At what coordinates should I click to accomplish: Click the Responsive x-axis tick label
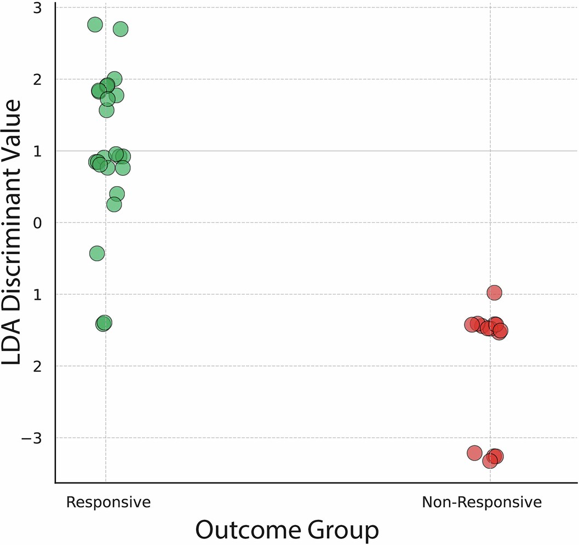[x=108, y=502]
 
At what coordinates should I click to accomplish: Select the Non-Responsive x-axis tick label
[x=481, y=502]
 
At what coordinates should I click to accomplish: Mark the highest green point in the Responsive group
[x=95, y=25]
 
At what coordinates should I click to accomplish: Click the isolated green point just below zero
[x=97, y=253]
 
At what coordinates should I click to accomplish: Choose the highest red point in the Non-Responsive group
[x=494, y=292]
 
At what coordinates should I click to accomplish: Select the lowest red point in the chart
[x=490, y=461]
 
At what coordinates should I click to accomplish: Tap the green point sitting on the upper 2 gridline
[x=114, y=79]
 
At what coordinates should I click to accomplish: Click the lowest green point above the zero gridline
[x=114, y=205]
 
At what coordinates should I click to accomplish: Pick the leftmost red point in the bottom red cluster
[x=474, y=453]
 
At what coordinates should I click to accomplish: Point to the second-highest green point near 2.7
[x=121, y=29]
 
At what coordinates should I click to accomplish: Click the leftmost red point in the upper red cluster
[x=472, y=324]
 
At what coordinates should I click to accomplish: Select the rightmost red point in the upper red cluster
[x=500, y=331]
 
